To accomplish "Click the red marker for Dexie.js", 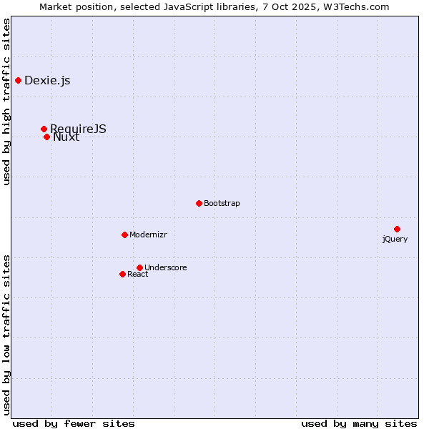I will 18,80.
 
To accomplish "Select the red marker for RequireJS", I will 44,129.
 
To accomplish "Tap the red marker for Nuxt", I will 46,137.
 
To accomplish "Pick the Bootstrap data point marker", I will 199,203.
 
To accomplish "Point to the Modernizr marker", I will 124,235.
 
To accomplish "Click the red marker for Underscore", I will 139,267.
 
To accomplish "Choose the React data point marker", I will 122,274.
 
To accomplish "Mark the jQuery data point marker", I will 397,229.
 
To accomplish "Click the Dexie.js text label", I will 47,80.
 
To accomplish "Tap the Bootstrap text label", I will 222,203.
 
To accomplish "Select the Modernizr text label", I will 148,235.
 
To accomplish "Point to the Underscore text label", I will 166,267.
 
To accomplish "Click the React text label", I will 138,274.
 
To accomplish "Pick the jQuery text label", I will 395,239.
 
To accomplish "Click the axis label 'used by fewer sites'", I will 74,423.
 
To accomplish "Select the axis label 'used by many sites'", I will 359,423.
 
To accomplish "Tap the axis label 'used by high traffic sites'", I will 6,102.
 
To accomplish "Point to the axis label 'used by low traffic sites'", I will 6,334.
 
